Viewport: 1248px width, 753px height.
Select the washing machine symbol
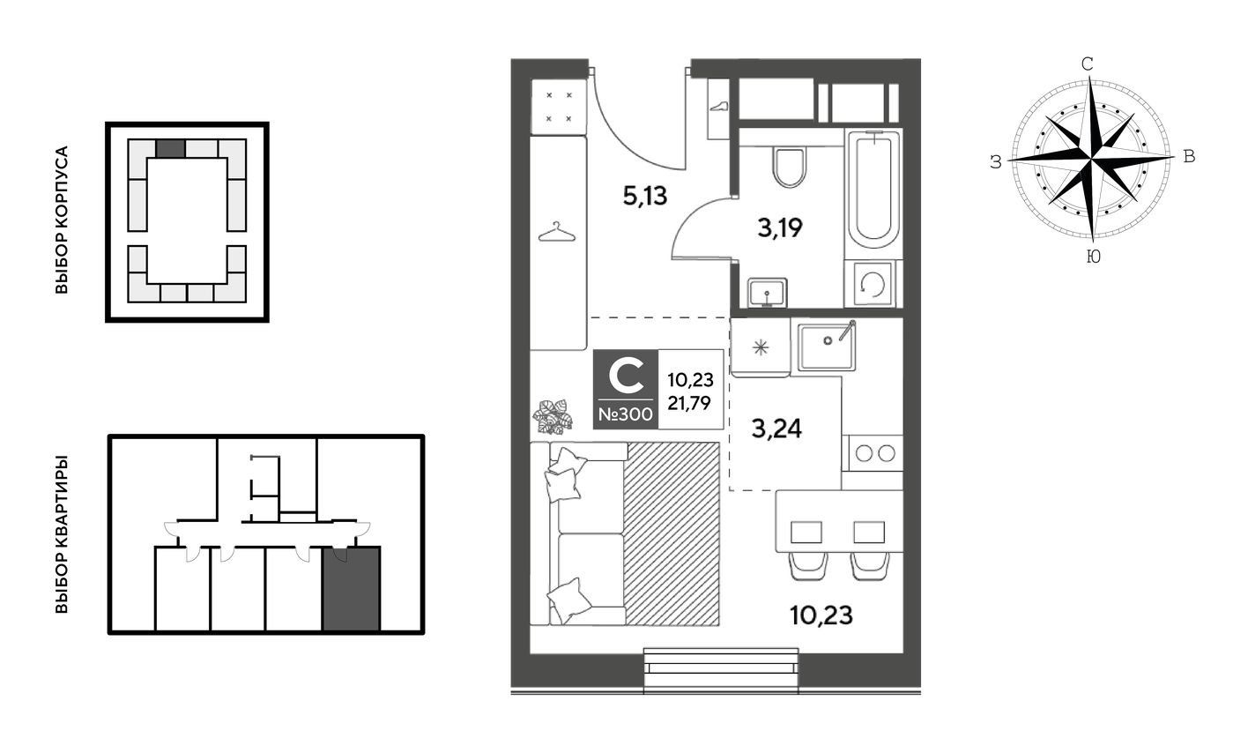(x=873, y=284)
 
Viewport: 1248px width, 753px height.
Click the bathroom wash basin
(x=767, y=292)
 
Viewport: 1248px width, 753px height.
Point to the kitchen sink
(x=826, y=347)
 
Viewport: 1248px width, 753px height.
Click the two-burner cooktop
(x=874, y=453)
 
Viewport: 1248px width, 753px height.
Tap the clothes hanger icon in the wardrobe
(x=557, y=233)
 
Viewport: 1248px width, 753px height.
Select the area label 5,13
(x=644, y=196)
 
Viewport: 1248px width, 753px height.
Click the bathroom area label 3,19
(x=780, y=227)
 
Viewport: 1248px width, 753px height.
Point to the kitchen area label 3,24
(x=776, y=429)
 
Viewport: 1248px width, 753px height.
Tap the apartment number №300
(x=625, y=414)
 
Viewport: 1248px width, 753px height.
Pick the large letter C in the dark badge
(x=627, y=376)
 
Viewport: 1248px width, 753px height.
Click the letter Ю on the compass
(x=1093, y=257)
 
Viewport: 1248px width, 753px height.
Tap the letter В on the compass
(x=1189, y=157)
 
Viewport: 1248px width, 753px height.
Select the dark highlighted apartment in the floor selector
(x=351, y=589)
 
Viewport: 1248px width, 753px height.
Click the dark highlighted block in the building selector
(x=170, y=148)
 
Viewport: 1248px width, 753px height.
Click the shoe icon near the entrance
(x=719, y=106)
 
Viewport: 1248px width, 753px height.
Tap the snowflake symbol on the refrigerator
(x=761, y=347)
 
